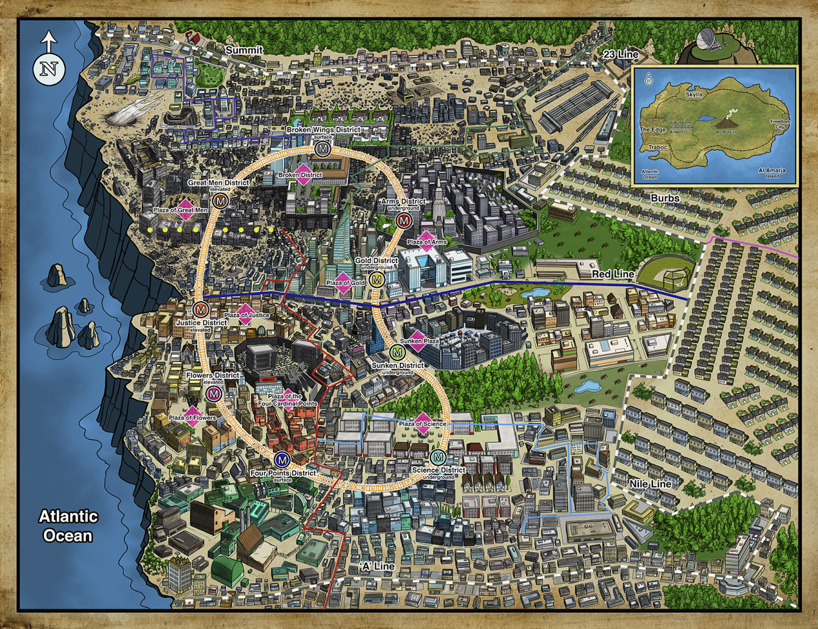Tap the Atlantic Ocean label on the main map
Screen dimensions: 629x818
tap(68, 526)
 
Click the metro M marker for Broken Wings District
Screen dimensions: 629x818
tap(323, 149)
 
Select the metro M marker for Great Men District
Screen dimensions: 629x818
tap(220, 201)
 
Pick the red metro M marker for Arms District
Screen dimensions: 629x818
tap(404, 221)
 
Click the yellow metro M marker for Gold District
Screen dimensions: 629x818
tap(377, 280)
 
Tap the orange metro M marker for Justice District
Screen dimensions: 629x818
tap(200, 309)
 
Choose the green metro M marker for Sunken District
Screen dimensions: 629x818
tap(397, 352)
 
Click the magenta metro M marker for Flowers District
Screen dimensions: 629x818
tap(214, 394)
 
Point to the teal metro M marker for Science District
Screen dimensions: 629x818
tap(438, 457)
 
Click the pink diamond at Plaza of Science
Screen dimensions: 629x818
tap(422, 424)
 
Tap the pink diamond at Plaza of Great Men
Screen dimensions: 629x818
tap(185, 210)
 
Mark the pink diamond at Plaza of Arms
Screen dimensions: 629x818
tap(426, 241)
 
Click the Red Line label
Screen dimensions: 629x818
tap(613, 275)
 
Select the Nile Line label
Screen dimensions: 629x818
tap(650, 484)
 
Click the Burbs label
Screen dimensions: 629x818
tap(665, 198)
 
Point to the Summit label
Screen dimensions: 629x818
tap(244, 50)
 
